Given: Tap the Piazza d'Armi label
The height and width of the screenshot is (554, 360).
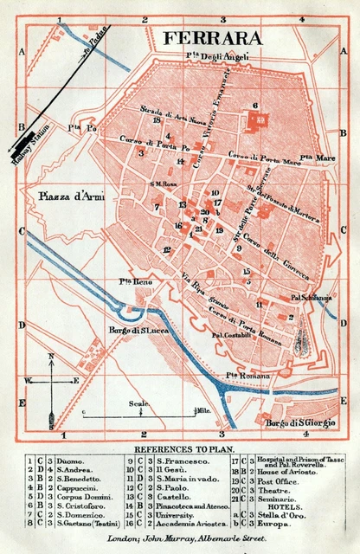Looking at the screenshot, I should point(70,196).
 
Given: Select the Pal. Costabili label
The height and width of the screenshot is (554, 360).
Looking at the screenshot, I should point(230,335).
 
